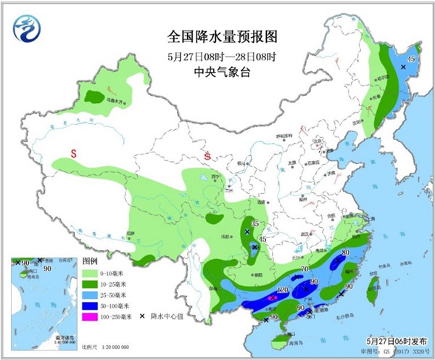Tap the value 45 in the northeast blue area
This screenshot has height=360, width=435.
410,59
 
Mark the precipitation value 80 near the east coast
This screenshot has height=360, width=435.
345,253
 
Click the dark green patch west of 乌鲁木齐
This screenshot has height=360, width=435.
93,95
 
